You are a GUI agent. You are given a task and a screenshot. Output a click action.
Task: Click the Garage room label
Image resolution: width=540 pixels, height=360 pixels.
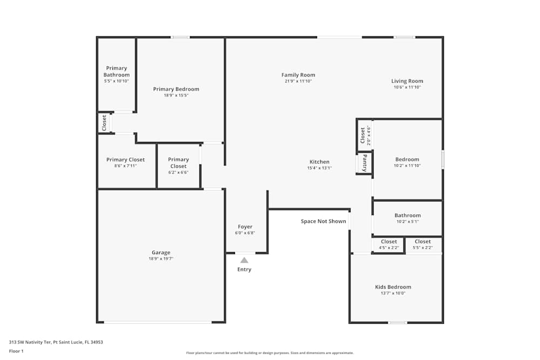tap(161, 253)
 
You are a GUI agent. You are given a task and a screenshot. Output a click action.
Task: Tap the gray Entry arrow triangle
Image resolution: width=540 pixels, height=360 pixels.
tap(244, 260)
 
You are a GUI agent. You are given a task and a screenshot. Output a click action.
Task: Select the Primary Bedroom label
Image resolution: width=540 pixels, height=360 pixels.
tap(176, 89)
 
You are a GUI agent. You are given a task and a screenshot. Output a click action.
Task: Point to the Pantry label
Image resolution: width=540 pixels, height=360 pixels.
tap(365, 162)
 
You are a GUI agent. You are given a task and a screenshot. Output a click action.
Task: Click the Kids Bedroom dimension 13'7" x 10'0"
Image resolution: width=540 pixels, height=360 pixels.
tap(393, 293)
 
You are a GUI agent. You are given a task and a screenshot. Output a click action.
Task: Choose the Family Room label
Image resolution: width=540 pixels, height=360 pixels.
tap(298, 75)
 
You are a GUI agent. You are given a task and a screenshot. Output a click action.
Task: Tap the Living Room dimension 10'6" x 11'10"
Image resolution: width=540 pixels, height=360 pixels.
tap(407, 87)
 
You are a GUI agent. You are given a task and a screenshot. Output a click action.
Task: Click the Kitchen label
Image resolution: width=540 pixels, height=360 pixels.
tap(319, 162)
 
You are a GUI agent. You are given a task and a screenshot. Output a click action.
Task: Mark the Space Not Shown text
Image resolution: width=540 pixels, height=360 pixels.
tap(323, 221)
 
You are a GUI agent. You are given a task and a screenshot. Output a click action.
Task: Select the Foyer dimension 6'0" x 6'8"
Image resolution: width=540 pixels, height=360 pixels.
tap(245, 233)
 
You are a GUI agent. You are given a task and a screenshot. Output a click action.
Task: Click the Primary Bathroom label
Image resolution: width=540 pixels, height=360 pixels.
tap(117, 71)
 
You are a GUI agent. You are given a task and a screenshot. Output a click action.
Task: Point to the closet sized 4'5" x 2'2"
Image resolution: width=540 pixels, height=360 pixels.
tap(389, 244)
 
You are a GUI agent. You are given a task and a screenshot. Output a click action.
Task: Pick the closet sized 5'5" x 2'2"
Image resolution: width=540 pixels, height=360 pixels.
tap(423, 244)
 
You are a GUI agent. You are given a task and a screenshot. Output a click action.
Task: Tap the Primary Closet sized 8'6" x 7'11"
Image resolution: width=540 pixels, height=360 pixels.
tap(125, 162)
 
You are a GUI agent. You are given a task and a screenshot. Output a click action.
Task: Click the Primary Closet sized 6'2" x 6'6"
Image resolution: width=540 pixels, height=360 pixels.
tap(178, 166)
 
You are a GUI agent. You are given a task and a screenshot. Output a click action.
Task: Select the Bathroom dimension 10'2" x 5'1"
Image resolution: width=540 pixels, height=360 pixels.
tap(407, 221)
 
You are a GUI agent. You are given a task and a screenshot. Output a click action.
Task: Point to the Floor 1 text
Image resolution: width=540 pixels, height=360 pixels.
tap(16, 351)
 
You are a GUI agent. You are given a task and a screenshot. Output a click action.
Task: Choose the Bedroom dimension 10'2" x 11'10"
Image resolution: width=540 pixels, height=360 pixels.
tap(407, 166)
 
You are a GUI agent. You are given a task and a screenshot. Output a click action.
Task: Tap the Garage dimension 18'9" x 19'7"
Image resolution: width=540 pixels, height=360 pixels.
tap(161, 259)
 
